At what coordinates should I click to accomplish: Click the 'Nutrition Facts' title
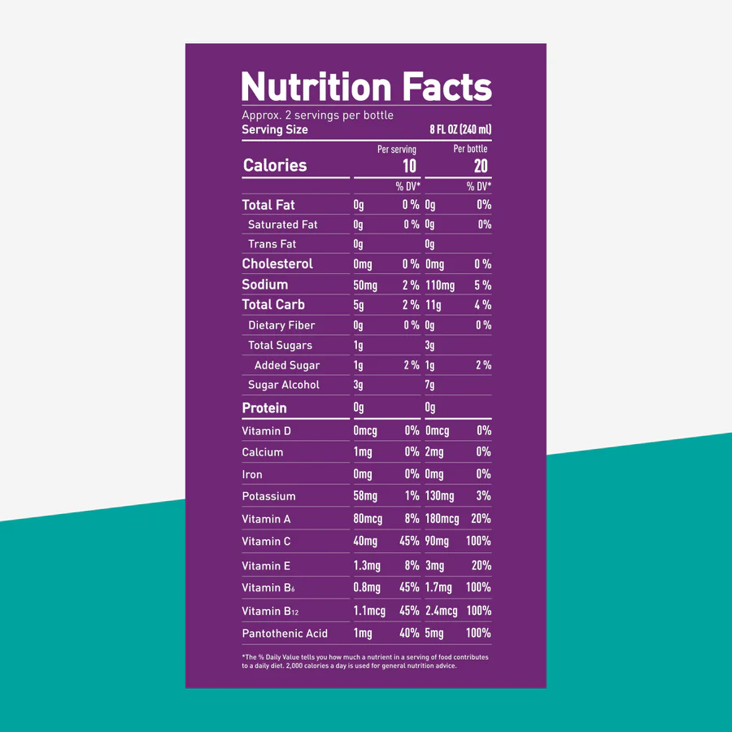(x=366, y=86)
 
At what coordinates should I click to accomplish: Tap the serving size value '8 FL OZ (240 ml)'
(x=460, y=129)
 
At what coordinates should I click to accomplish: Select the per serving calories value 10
(x=409, y=166)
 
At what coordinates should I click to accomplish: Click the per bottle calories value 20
(x=481, y=166)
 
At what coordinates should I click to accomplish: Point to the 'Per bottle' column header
(x=470, y=149)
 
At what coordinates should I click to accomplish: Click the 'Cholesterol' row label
(x=277, y=264)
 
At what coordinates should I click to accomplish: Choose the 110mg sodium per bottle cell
(x=440, y=285)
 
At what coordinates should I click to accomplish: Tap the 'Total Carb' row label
(x=273, y=304)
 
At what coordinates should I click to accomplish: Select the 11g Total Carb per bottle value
(x=433, y=305)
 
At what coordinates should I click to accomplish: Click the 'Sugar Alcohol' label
(x=284, y=385)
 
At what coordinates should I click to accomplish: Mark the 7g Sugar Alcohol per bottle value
(x=429, y=386)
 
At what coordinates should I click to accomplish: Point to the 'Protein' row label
(x=264, y=407)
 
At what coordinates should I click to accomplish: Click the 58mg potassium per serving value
(x=366, y=496)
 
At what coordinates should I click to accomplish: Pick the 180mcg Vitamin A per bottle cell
(x=442, y=519)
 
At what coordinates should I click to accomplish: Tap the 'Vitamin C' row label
(x=266, y=541)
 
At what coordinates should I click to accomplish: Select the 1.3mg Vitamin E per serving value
(x=367, y=566)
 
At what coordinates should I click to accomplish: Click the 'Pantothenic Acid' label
(x=285, y=633)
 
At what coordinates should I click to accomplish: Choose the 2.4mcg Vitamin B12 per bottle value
(x=441, y=611)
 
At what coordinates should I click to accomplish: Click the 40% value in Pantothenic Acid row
(x=410, y=633)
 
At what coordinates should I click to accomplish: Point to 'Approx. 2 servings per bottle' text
(x=317, y=115)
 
